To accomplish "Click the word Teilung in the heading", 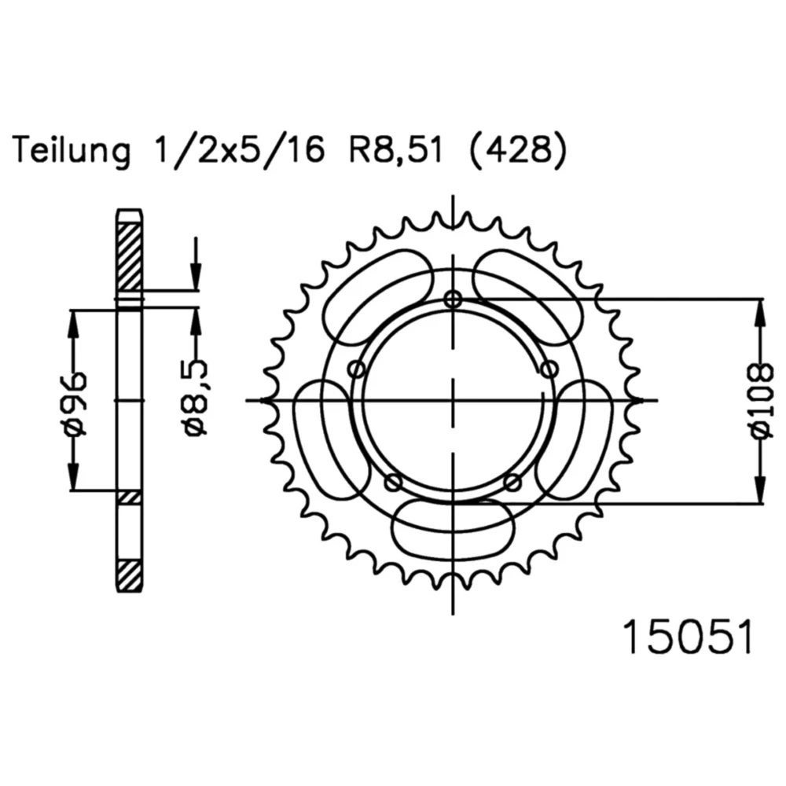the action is point(72,150).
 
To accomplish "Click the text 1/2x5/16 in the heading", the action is point(240,149).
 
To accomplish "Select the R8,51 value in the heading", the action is point(396,149).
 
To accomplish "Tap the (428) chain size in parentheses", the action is point(518,149).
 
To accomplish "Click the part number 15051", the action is point(688,637).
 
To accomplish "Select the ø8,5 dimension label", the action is point(196,397).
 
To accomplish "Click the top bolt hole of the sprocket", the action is point(453,299).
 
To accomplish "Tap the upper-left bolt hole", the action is point(357,370).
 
